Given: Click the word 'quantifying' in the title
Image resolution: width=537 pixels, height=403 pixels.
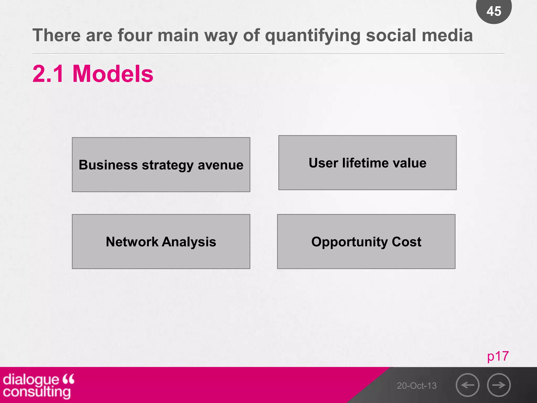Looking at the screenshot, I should [x=313, y=36].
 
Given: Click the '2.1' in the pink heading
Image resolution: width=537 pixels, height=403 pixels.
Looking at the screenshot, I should [x=48, y=74].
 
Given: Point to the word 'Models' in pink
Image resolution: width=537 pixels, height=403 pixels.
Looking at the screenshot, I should [x=113, y=74].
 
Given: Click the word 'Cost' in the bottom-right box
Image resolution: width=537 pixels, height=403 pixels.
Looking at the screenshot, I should [x=406, y=242].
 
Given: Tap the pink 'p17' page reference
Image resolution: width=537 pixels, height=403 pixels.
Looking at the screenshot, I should [x=498, y=357].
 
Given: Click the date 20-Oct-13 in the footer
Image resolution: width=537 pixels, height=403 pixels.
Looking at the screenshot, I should [x=416, y=386].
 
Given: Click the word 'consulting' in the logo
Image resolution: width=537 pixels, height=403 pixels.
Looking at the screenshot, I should [x=37, y=392].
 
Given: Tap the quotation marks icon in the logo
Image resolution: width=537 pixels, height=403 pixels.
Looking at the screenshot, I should [x=69, y=379].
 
